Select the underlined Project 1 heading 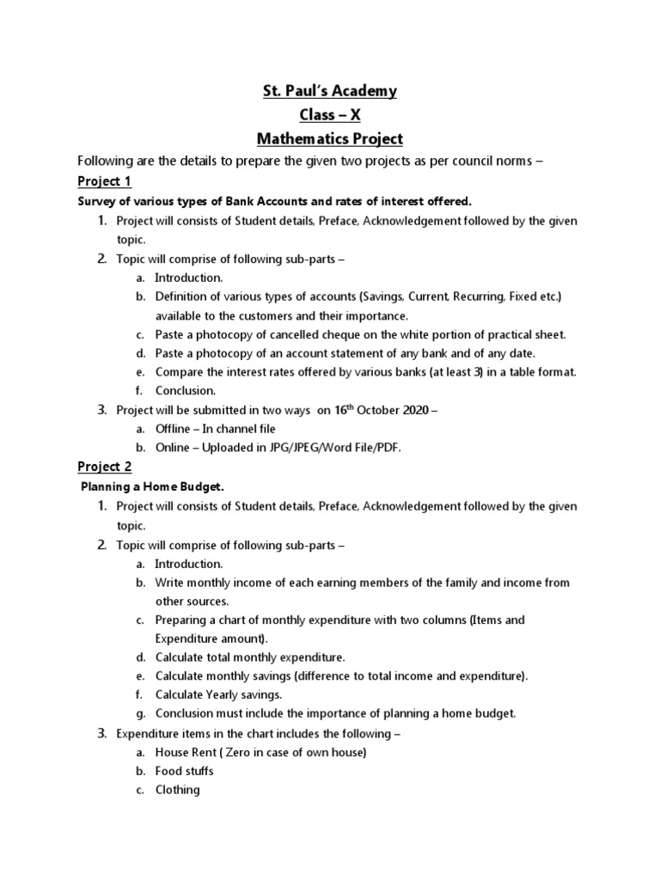coord(104,181)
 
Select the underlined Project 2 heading coord(104,467)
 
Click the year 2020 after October coord(415,411)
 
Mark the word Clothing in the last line coord(178,790)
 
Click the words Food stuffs coord(185,771)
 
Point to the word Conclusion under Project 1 coord(186,390)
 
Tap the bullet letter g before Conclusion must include coord(139,714)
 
